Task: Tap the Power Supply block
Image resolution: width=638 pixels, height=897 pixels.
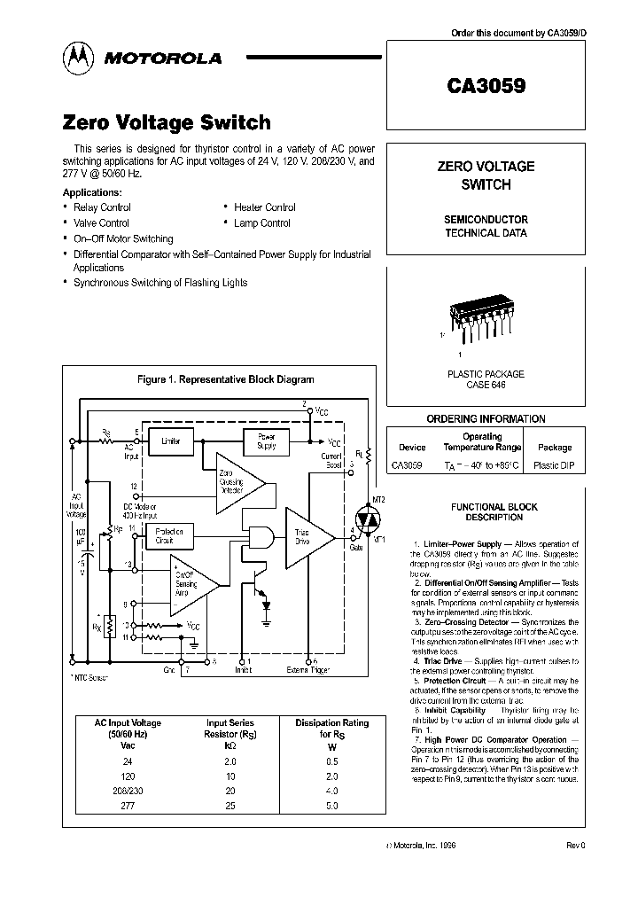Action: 266,441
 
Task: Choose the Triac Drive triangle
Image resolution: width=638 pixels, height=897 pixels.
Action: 306,537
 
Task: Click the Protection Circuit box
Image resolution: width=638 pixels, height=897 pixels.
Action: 170,535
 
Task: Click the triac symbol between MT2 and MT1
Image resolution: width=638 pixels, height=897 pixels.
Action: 366,516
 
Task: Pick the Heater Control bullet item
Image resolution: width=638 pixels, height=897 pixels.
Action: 265,207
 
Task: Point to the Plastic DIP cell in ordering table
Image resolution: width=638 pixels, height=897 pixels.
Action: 555,464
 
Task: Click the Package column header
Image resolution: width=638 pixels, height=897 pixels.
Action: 555,448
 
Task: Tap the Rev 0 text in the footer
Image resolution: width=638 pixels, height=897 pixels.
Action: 576,846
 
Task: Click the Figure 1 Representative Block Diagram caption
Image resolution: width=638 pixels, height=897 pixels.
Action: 225,378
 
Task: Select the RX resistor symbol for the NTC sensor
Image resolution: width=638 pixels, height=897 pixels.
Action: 109,626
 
